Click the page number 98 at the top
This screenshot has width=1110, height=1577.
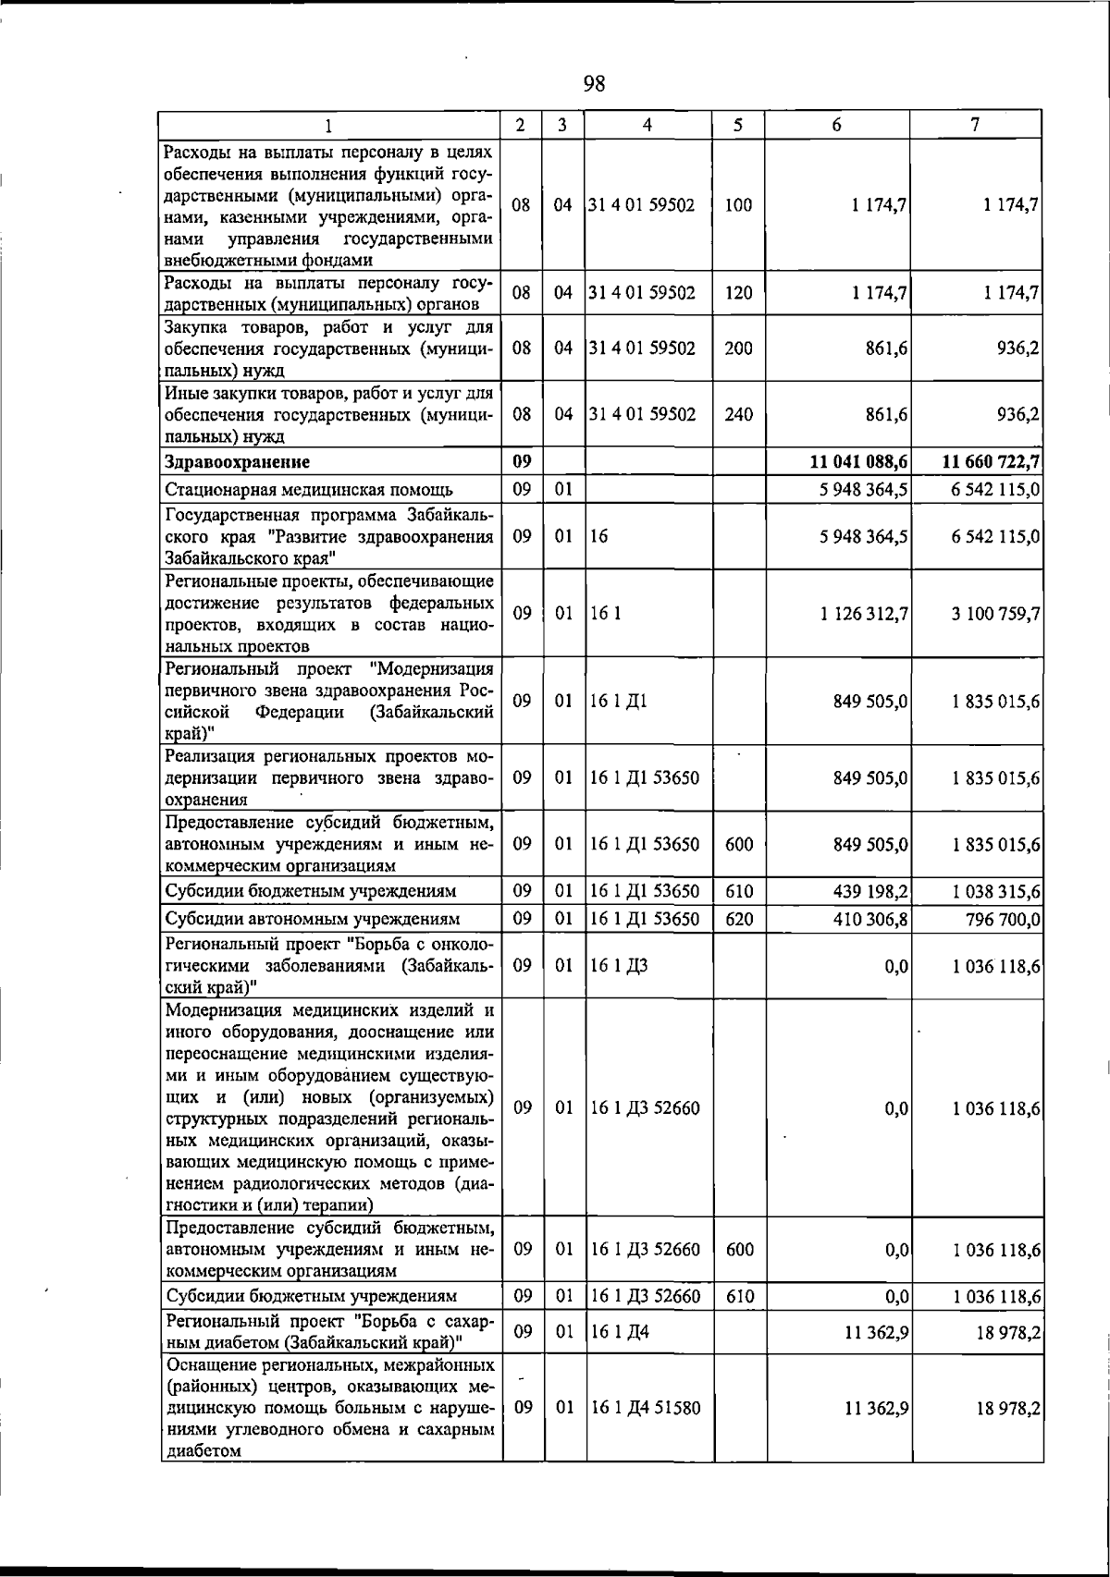594,85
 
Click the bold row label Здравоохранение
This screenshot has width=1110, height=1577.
237,461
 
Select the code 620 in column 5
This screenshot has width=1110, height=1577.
738,920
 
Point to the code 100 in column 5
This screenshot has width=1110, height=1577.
738,206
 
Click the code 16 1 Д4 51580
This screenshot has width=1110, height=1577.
646,1435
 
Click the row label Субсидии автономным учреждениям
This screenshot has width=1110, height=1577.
312,920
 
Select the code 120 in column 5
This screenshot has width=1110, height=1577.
738,294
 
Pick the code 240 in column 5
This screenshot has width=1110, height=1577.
738,415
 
